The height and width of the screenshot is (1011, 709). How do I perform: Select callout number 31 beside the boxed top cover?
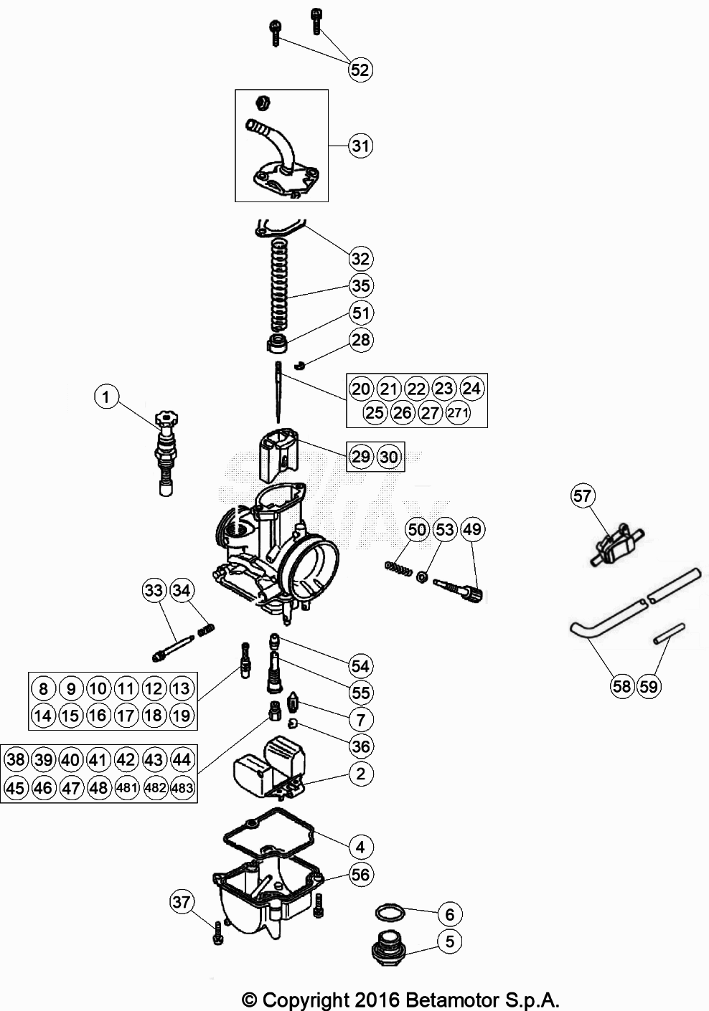361,146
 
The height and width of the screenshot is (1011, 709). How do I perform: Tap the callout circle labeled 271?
458,413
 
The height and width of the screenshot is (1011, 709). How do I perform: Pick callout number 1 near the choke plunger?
106,397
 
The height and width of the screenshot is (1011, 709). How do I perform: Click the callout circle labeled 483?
182,787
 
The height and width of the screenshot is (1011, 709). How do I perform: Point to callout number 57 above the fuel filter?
583,495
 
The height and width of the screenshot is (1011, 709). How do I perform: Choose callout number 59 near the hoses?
648,686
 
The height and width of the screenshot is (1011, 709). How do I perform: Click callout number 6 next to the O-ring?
450,914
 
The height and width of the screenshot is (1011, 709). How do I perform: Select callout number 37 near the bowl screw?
182,901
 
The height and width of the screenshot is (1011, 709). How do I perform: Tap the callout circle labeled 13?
182,689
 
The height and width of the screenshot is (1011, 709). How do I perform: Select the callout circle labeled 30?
388,457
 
